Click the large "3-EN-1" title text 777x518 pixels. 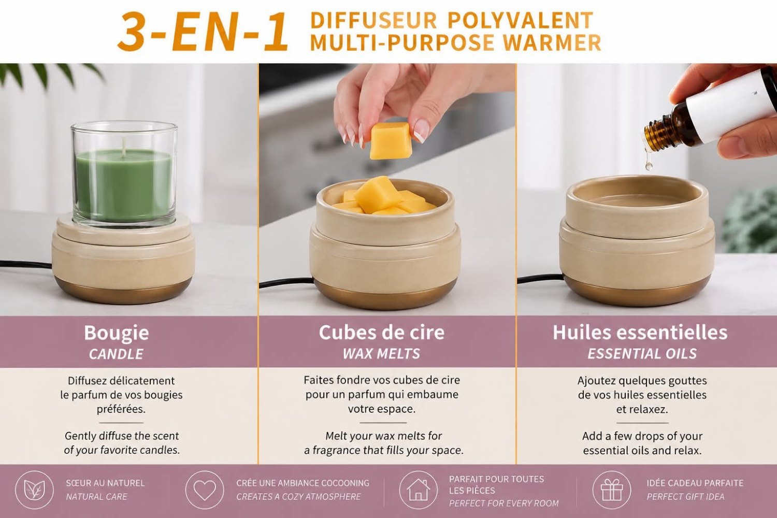tap(203, 32)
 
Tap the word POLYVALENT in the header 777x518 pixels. tap(520, 21)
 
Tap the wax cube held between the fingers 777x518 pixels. tap(391, 140)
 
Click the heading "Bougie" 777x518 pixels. tap(117, 333)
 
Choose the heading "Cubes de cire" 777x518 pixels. tap(382, 333)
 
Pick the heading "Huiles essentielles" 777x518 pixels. tap(640, 333)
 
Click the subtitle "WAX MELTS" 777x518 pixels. tap(381, 354)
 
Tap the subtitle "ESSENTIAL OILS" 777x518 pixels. tap(642, 354)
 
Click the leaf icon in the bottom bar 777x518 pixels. tap(34, 490)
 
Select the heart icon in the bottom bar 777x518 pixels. tap(205, 490)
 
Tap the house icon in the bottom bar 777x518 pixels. tap(419, 490)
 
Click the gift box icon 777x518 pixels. tap(612, 490)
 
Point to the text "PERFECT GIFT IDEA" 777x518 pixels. tap(685, 497)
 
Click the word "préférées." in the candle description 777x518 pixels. tap(121, 409)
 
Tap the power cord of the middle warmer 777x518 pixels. tap(286, 282)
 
